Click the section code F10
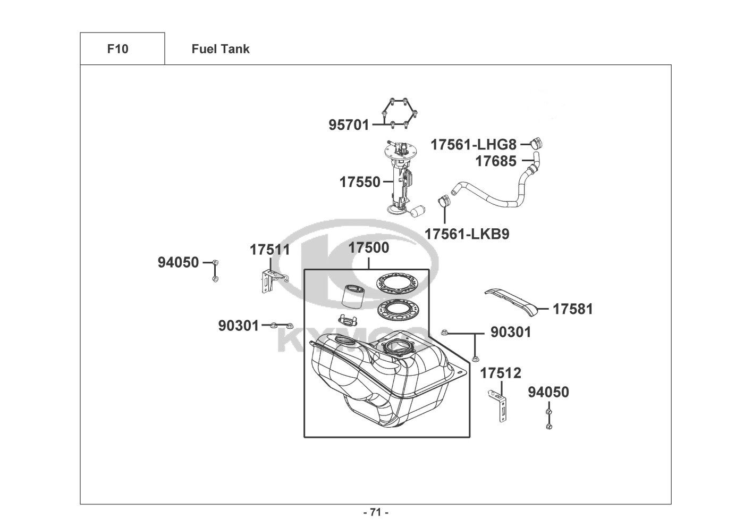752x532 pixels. (117, 49)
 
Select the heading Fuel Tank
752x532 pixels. (221, 49)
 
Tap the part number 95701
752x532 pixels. (349, 125)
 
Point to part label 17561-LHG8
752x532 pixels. (474, 145)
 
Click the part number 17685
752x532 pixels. (496, 161)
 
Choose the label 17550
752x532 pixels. (360, 182)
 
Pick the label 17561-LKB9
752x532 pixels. (467, 234)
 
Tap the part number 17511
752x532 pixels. (270, 250)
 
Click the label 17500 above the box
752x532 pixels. (369, 248)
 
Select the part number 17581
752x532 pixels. (573, 309)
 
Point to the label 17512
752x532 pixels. (501, 373)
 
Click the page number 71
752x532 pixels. (376, 512)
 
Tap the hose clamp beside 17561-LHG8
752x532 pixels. (537, 143)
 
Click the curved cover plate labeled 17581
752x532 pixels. (512, 302)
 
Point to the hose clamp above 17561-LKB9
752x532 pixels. (444, 201)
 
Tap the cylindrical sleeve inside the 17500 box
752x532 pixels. (351, 296)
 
